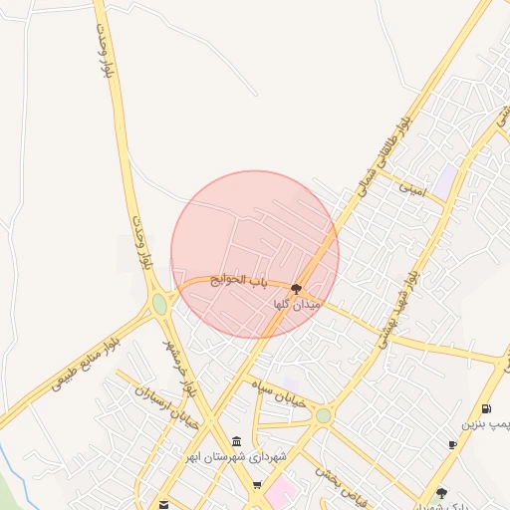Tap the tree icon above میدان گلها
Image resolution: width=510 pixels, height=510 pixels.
(296, 289)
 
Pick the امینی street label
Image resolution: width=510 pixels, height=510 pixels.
(411, 186)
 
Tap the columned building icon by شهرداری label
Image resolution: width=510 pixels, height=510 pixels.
(236, 442)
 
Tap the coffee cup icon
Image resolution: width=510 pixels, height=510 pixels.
(452, 444)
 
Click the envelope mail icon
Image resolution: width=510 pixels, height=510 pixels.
(163, 504)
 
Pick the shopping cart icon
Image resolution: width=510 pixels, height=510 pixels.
(258, 486)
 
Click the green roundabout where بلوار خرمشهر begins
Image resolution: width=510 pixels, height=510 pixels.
(159, 305)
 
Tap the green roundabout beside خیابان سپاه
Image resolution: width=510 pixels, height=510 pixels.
(323, 415)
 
